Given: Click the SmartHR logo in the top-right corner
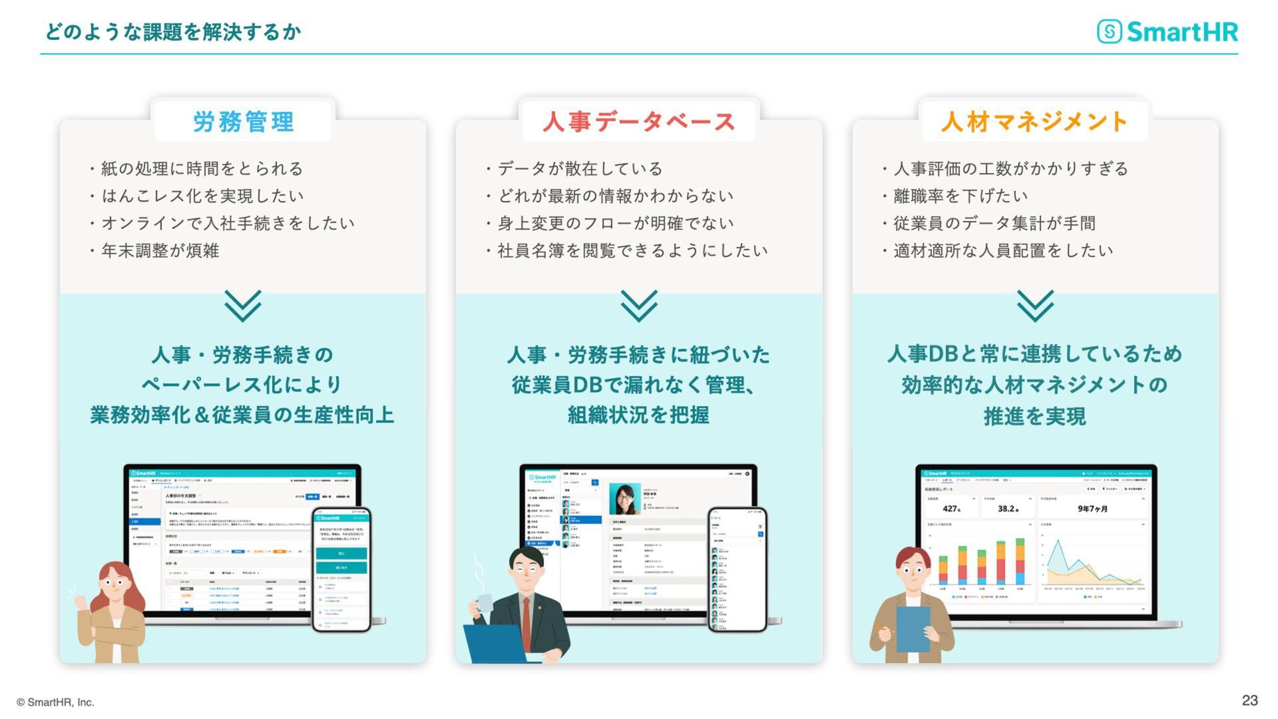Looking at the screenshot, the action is point(1168,31).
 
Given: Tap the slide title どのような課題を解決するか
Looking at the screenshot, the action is point(173,31).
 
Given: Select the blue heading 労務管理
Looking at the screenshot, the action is point(243,122).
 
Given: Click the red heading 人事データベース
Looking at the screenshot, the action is point(638,122).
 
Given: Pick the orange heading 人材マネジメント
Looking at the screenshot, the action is point(1034,122).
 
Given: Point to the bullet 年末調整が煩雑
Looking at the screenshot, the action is point(160,251).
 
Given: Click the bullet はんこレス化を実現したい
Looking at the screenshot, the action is point(202,196).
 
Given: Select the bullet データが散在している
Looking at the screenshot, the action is point(580,169).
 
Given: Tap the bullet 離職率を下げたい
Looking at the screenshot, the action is point(960,196).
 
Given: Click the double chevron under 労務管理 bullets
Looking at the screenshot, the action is point(243,306).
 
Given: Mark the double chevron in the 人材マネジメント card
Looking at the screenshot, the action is point(1035,306).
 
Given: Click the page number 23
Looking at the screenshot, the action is point(1249,700).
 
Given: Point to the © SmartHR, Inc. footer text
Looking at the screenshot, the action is point(56,702).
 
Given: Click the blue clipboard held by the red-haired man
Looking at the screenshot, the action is point(913,629).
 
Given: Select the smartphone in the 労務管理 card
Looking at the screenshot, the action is point(341,570).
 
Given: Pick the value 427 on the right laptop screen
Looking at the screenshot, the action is point(951,509).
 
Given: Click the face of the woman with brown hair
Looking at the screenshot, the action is point(114,585).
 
